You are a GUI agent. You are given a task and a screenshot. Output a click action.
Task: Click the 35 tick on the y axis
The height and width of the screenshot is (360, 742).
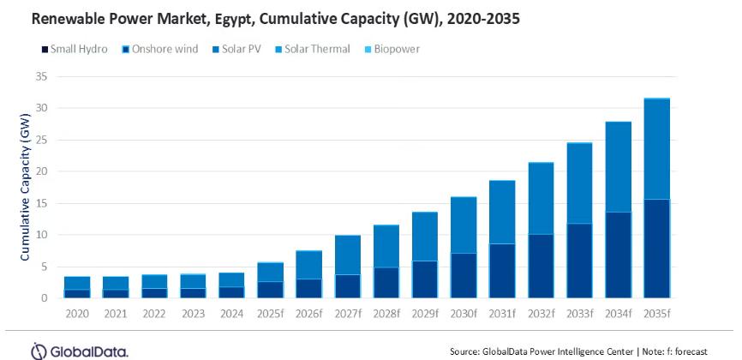click(x=40, y=76)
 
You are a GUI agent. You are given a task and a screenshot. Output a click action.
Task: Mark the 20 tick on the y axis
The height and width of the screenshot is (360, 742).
click(x=40, y=171)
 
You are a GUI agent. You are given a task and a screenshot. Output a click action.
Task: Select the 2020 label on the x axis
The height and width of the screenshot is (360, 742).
click(x=77, y=312)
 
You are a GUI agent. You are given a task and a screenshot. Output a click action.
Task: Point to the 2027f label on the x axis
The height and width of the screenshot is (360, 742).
click(x=347, y=312)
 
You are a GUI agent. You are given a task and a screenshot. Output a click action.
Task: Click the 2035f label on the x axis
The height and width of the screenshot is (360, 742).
click(x=657, y=312)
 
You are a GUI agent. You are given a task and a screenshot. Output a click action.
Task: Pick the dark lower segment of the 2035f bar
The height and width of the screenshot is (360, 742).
click(x=657, y=249)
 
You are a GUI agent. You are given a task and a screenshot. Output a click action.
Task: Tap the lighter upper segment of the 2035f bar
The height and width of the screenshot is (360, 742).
click(x=657, y=149)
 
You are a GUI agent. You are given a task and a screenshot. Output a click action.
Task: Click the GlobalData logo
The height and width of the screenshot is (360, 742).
click(x=81, y=350)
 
